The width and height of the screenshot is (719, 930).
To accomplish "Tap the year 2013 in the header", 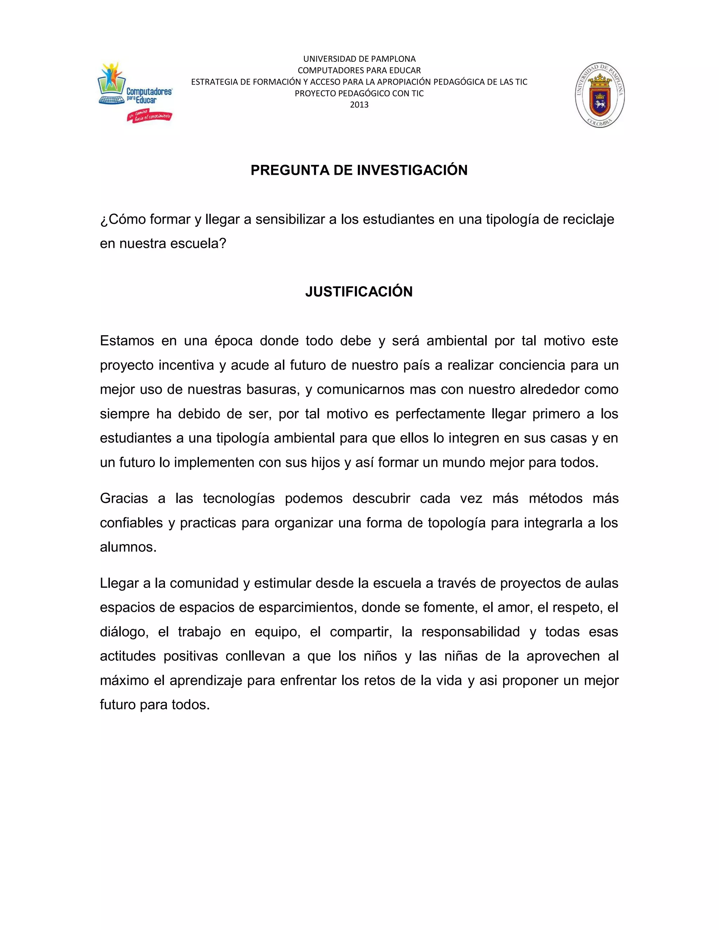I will pyautogui.click(x=359, y=105).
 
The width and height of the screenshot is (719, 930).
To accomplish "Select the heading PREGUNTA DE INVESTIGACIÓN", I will pyautogui.click(x=359, y=170).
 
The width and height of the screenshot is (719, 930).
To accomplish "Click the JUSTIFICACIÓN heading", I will pyautogui.click(x=359, y=292).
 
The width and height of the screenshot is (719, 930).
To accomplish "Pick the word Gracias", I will pyautogui.click(x=124, y=498).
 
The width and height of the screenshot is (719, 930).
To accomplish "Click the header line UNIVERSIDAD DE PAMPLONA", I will pyautogui.click(x=359, y=59).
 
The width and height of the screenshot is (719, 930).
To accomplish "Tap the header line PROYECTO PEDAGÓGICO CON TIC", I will pyautogui.click(x=359, y=93).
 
